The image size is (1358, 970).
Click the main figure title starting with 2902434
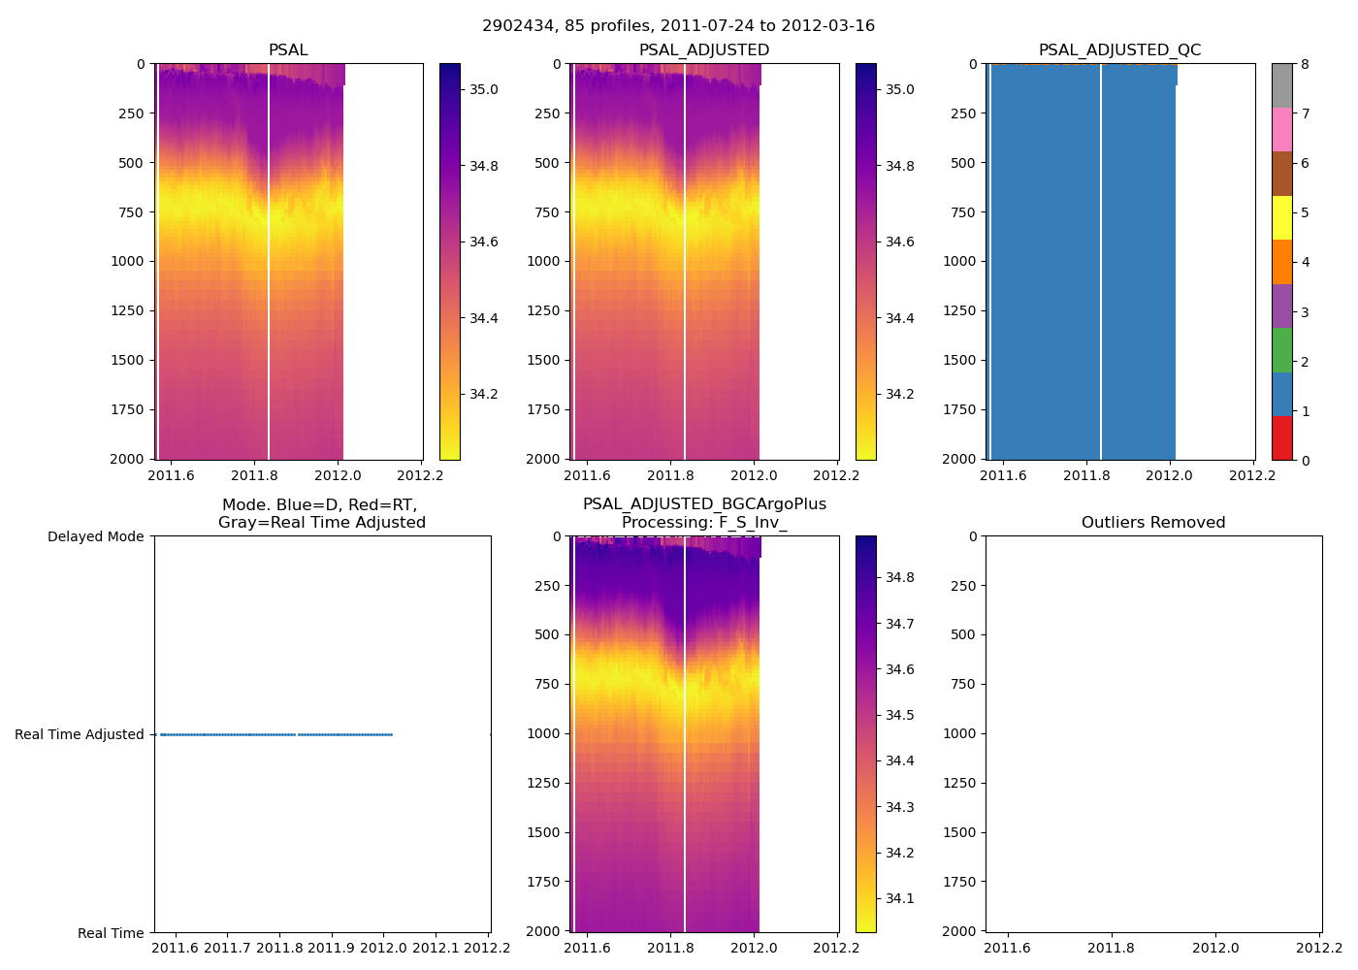tap(678, 26)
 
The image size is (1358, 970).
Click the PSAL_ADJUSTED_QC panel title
tap(1119, 50)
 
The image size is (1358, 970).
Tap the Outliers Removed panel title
tap(1153, 523)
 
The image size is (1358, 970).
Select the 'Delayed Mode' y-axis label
tap(95, 537)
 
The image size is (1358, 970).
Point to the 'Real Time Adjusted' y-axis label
tap(80, 735)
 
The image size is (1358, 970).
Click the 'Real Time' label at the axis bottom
tap(111, 933)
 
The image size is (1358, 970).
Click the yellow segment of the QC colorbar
tap(1282, 218)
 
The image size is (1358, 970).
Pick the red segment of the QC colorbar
tap(1282, 438)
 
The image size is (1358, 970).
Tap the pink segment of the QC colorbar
tap(1282, 130)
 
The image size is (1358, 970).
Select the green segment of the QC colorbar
tap(1282, 350)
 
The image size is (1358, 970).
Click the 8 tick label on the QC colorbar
tap(1305, 65)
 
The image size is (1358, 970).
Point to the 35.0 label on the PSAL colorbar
tap(484, 90)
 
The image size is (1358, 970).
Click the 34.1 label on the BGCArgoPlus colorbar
tap(900, 899)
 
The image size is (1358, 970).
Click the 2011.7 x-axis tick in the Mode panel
tap(228, 947)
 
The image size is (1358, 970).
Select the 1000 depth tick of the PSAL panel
tap(127, 262)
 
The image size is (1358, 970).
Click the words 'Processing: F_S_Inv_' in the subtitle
tap(704, 523)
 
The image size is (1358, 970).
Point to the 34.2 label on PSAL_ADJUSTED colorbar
tap(900, 395)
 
